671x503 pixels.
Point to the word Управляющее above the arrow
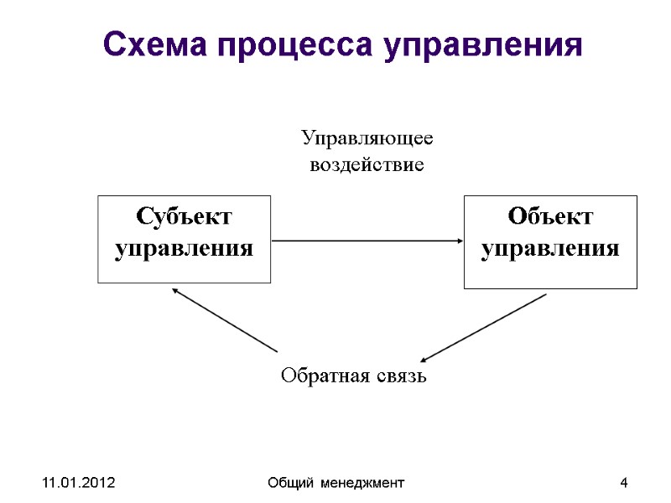click(x=367, y=138)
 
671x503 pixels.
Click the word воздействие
click(x=367, y=165)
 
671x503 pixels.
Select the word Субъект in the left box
click(x=185, y=217)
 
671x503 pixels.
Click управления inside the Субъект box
click(x=185, y=249)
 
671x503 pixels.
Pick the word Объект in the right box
click(x=550, y=217)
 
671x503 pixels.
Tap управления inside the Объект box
click(x=550, y=249)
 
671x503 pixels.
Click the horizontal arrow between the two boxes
click(x=367, y=241)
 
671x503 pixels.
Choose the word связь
click(x=402, y=376)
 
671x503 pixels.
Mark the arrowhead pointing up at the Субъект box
click(x=175, y=291)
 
